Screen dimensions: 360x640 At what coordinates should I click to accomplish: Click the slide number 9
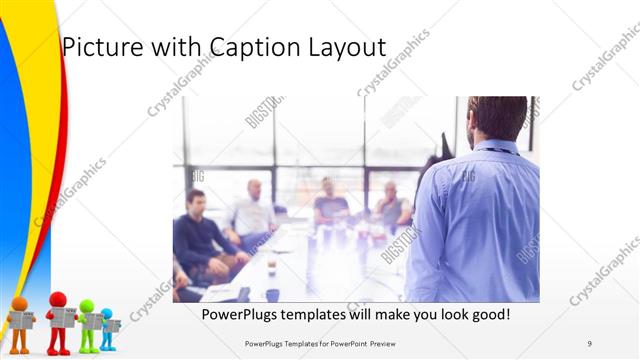tap(589, 344)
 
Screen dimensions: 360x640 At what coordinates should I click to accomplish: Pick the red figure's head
tap(58, 299)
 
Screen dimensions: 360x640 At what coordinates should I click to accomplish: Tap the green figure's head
tap(87, 306)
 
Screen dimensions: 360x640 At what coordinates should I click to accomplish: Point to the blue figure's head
tap(107, 313)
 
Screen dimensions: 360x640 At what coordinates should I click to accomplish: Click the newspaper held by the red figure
tap(63, 317)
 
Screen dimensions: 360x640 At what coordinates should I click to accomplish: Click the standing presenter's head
tap(497, 117)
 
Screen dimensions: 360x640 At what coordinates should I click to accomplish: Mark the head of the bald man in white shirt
tap(254, 189)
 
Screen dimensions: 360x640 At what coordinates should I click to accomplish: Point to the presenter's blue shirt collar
tap(496, 147)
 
